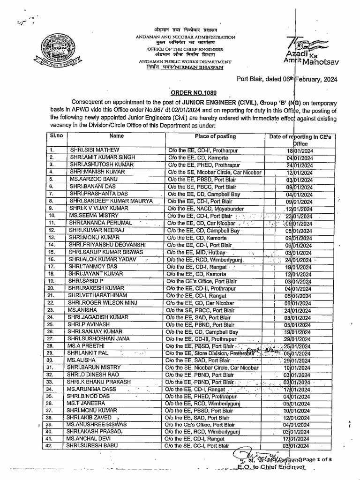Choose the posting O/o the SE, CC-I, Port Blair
click(x=199, y=445)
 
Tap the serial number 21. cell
click(x=52, y=296)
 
